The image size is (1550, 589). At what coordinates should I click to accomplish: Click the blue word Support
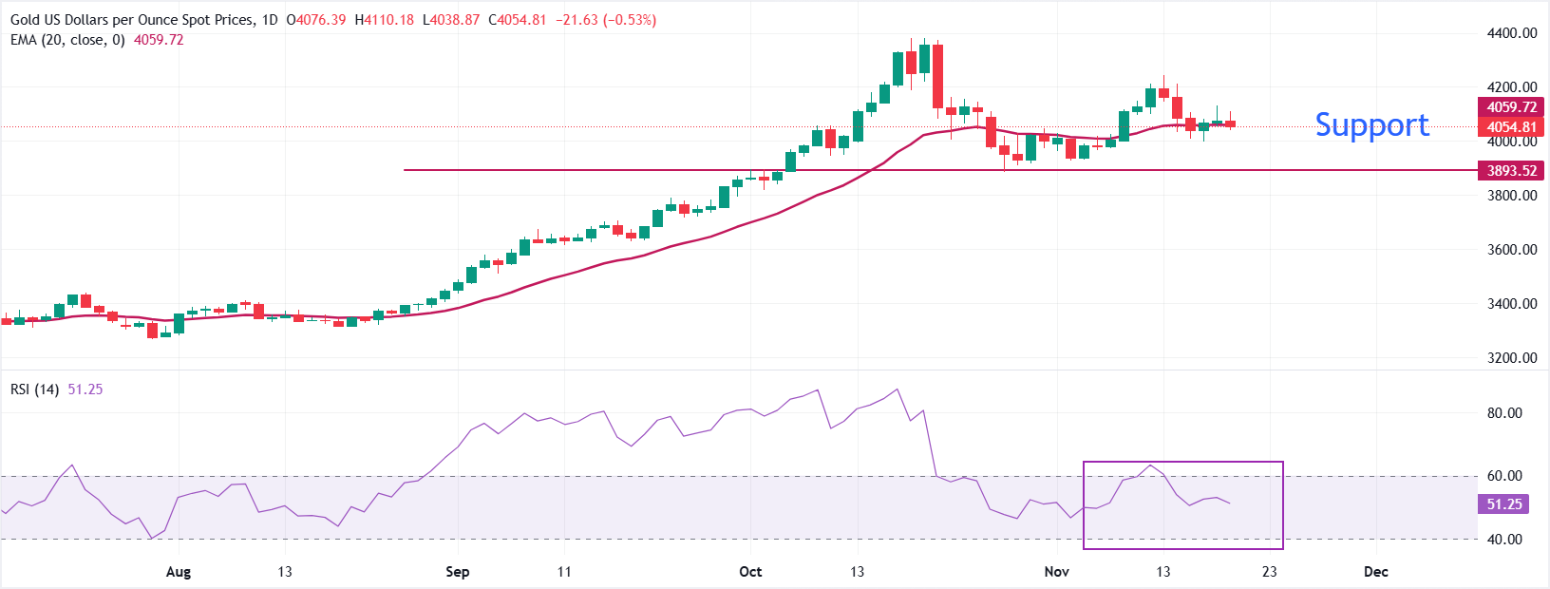[1371, 124]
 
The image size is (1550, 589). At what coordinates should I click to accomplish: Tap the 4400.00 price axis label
[1511, 32]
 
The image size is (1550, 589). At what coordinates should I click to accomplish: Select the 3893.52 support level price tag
[1511, 171]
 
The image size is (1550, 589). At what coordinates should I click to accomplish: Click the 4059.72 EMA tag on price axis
[1511, 107]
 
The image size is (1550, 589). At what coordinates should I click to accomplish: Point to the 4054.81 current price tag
[1511, 126]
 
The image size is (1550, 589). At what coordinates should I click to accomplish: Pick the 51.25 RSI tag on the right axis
[1503, 504]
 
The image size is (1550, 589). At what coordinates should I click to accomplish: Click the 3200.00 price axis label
[1511, 358]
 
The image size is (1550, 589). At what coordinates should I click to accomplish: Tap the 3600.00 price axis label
[1511, 250]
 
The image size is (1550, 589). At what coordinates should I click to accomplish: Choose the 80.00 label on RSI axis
[1504, 413]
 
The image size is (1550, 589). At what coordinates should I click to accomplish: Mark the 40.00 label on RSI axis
[1504, 540]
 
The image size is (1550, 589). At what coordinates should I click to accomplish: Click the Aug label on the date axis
[179, 572]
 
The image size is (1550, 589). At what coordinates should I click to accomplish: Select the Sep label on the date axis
[458, 572]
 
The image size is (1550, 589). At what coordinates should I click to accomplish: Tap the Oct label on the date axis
[750, 572]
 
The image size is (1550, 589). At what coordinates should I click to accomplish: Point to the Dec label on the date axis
[1375, 572]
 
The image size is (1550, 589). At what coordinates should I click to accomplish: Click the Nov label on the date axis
[1056, 572]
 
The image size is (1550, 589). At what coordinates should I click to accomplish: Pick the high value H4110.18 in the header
[385, 20]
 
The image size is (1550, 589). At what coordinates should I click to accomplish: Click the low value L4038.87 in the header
[451, 20]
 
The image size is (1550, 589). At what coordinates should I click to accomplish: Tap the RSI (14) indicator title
[35, 389]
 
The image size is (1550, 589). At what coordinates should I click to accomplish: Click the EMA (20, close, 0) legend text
[67, 40]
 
